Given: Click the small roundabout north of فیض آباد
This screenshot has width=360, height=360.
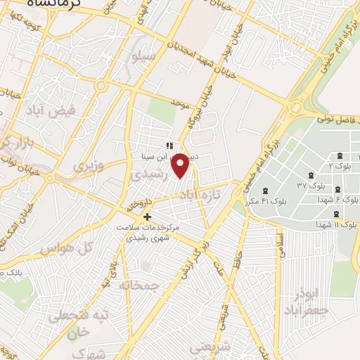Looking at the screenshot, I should click(101, 86).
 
